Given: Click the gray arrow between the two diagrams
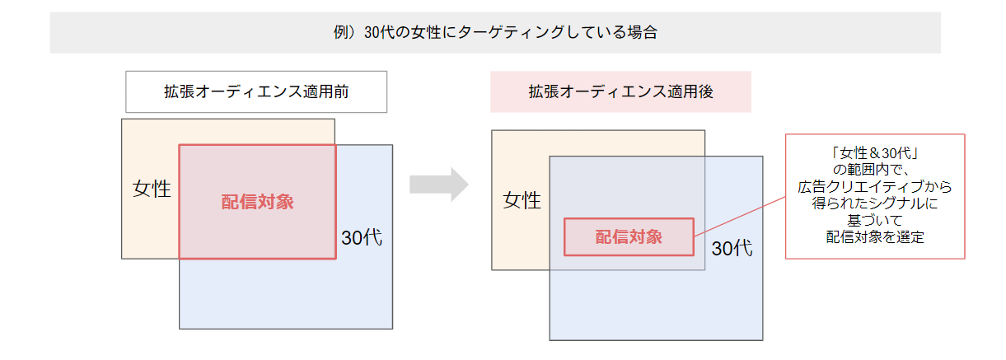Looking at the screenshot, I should (437, 185).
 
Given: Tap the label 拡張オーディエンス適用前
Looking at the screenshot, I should (256, 92).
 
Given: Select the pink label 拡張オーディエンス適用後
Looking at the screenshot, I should (620, 92).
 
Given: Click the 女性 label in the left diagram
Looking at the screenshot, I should (152, 189).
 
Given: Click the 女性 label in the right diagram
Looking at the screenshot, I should (522, 199).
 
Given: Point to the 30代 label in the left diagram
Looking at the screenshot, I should (362, 238).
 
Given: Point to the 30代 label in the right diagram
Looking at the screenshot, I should (732, 249).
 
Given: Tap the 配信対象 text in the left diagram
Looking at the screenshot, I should (257, 202).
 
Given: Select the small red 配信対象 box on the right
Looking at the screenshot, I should (629, 237).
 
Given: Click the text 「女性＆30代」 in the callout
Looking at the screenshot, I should (875, 153).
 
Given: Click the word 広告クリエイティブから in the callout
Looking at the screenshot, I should (875, 187).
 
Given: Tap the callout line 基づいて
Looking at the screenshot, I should (875, 221).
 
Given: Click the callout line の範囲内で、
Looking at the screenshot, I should (875, 170).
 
